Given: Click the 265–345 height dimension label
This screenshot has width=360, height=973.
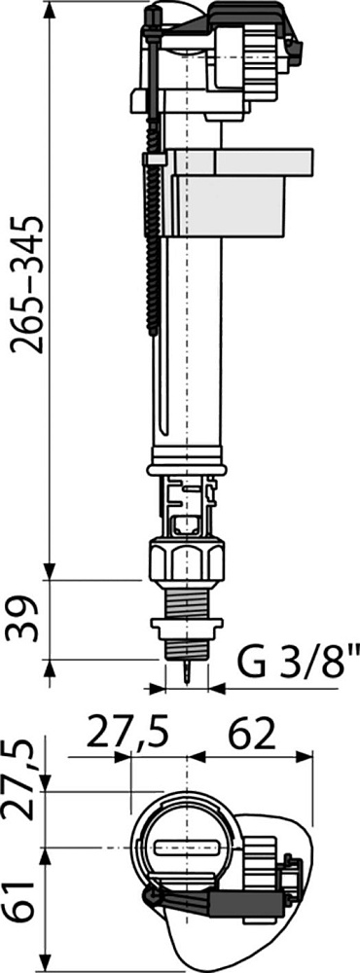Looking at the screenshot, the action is [28, 285].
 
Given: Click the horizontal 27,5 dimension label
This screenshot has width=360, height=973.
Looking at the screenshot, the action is [127, 733].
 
